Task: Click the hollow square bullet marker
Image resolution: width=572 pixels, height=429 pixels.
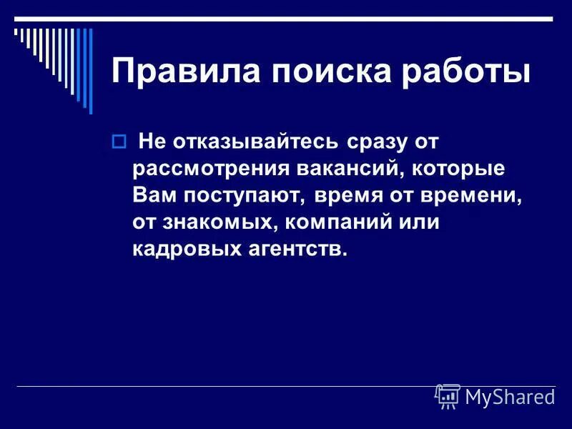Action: point(119,142)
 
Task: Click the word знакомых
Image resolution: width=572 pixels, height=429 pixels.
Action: point(218,222)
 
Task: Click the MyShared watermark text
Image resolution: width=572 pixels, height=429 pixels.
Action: point(510,397)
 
